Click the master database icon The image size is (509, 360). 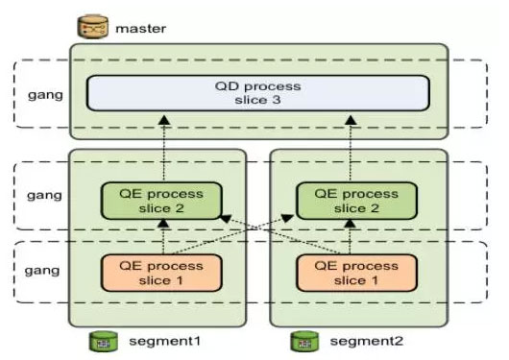click(92, 27)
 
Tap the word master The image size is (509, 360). click(141, 29)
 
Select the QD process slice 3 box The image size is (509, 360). click(258, 93)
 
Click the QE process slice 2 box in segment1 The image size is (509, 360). click(161, 201)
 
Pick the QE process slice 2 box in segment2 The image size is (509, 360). click(356, 201)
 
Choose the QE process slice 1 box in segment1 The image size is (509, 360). click(161, 273)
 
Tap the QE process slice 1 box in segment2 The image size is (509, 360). click(356, 273)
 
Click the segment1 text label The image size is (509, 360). click(164, 341)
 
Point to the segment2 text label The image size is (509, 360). click(367, 341)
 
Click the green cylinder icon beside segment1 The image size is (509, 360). click(104, 341)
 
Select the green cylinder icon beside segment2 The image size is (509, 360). click(304, 341)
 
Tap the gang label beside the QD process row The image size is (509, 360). click(45, 95)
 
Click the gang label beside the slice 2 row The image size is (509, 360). click(44, 196)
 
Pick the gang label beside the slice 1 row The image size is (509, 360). click(42, 271)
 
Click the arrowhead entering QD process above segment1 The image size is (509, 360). click(164, 120)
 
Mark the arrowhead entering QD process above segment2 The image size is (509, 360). click(351, 120)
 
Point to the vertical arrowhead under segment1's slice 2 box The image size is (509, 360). click(163, 223)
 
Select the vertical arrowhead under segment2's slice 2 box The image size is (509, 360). click(350, 223)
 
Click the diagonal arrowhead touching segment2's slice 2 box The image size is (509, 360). click(287, 218)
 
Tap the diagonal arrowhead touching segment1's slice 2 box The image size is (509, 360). click(226, 219)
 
